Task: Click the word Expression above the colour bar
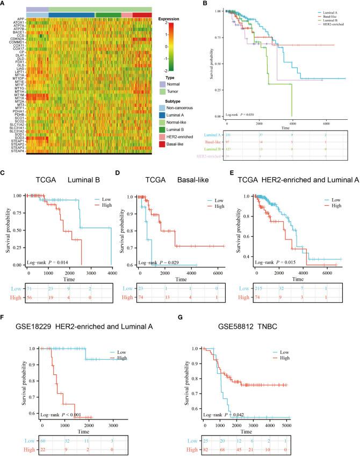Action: click(170, 19)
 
